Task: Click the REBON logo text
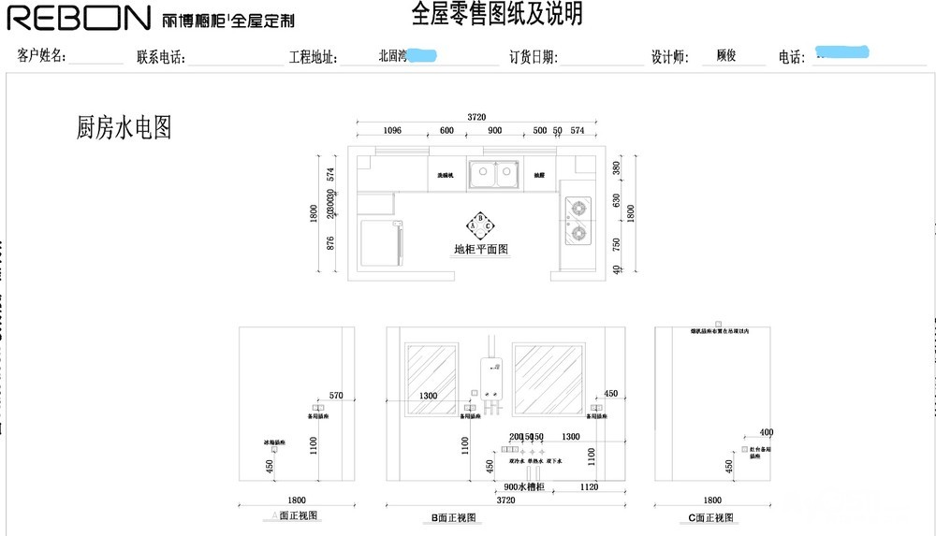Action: tap(78, 17)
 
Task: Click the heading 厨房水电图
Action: tap(124, 128)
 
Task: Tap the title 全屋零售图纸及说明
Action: tap(497, 14)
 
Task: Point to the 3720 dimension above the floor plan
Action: tap(476, 117)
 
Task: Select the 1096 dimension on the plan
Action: tap(392, 131)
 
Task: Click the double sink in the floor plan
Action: tap(494, 172)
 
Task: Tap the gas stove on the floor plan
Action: tap(578, 219)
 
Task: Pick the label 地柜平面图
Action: tap(480, 250)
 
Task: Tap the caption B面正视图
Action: tap(453, 517)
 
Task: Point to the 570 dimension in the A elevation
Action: tap(337, 396)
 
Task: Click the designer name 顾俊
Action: tap(726, 56)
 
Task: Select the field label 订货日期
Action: tap(533, 57)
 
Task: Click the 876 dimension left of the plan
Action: tap(330, 244)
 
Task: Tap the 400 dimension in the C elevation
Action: tap(767, 432)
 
